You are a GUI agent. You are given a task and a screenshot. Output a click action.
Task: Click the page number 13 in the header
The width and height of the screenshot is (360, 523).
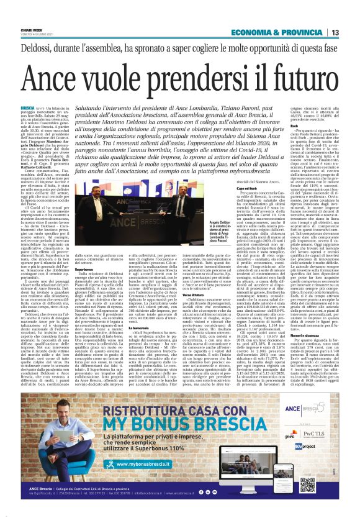coord(351,32)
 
